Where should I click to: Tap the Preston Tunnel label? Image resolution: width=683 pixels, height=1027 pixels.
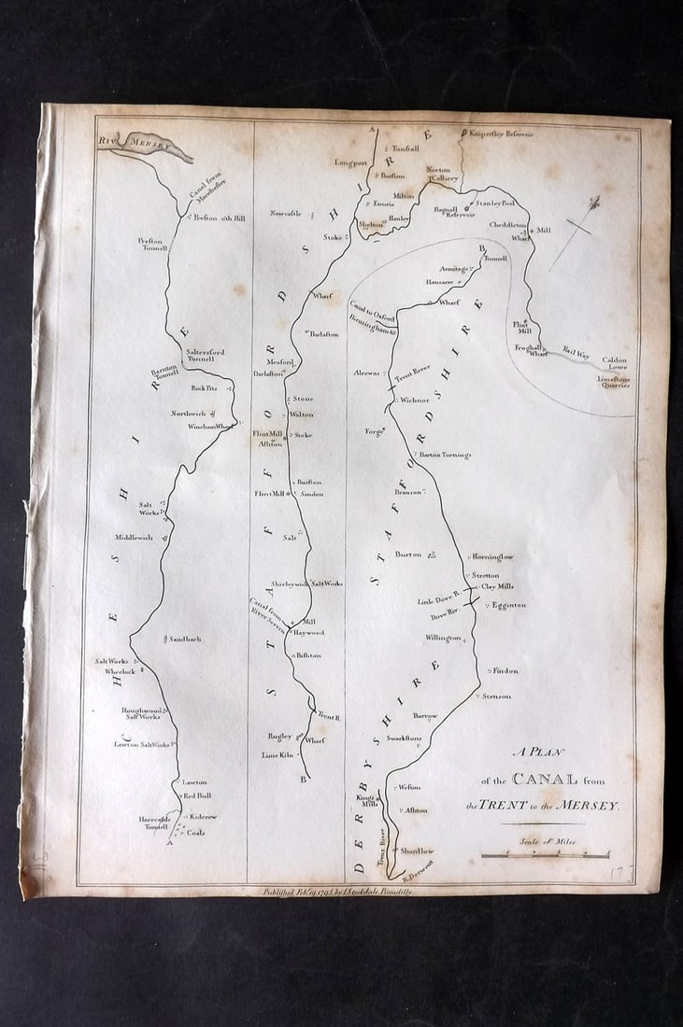151,245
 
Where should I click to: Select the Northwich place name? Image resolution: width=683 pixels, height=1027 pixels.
187,414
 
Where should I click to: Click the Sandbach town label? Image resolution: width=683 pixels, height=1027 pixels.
184,639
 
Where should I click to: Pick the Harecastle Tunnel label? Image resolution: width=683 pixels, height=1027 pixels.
153,823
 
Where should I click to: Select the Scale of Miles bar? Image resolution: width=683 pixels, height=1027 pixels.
545,853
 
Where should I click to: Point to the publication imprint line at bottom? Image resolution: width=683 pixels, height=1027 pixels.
337,891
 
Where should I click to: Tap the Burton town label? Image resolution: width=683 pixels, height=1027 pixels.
408,555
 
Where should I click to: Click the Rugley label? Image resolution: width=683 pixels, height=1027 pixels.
280,736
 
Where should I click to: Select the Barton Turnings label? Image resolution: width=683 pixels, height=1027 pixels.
446,455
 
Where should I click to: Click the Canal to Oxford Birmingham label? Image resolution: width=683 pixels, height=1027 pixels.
374,318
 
